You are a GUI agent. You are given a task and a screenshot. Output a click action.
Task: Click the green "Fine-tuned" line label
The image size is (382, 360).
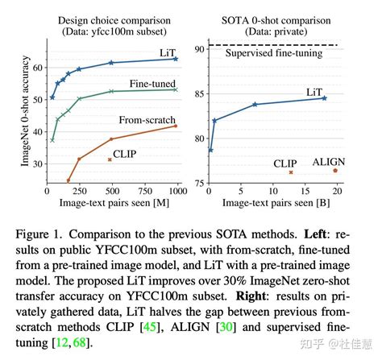[x=153, y=83]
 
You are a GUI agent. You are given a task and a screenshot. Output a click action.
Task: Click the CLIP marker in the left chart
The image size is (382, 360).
[x=110, y=159]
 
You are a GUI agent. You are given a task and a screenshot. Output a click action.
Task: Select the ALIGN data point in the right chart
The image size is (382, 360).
[x=335, y=170]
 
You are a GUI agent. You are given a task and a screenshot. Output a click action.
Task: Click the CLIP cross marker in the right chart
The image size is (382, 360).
[x=291, y=172]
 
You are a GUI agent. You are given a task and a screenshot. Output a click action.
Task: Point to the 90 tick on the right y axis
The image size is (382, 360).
[x=197, y=48]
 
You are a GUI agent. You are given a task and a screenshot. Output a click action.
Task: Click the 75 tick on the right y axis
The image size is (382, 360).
[x=197, y=184]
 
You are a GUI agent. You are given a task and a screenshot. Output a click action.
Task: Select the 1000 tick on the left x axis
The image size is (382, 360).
[x=176, y=191]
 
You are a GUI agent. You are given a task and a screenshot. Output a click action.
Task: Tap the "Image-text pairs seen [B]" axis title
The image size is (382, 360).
[x=272, y=202]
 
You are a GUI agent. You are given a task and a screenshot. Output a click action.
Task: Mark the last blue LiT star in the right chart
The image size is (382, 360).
[x=324, y=97]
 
